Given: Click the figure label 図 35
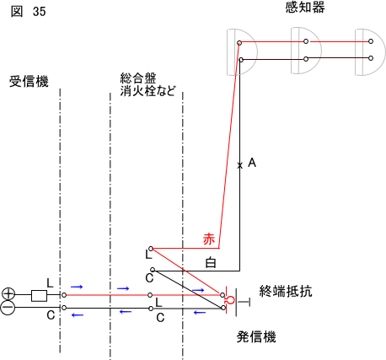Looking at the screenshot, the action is [28, 12].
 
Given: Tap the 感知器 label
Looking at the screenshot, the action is [305, 7].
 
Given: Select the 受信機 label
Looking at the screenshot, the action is [29, 81].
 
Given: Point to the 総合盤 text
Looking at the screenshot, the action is [138, 78].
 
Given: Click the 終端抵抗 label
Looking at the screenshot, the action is [286, 291].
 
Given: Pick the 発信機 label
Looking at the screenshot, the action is [256, 336].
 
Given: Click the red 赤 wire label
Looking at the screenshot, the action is [209, 239].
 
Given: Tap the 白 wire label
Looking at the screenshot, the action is [211, 262].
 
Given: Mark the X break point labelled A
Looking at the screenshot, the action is [239, 165].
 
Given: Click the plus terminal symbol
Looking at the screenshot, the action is [8, 294].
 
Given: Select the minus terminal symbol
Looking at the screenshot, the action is [8, 308].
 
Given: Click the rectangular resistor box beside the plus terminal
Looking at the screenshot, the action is [39, 296].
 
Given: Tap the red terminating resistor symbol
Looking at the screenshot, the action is [230, 300].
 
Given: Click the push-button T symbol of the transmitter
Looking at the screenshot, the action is [243, 303].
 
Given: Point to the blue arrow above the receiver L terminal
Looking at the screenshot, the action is [77, 287].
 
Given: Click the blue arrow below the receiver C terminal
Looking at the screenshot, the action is [78, 315].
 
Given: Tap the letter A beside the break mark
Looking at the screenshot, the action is [252, 163].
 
